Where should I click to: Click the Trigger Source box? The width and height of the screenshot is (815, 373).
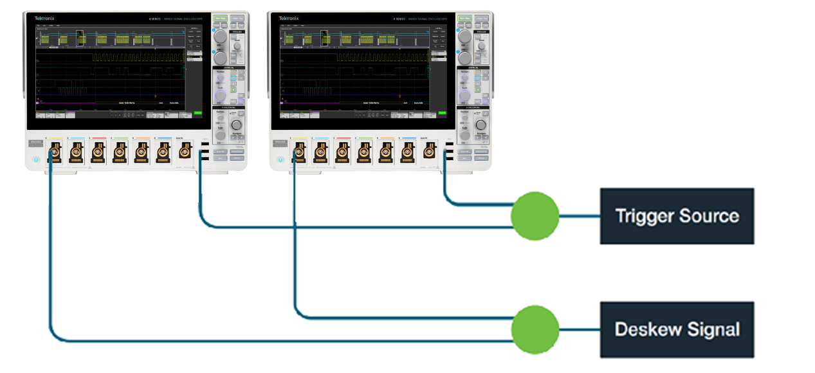[677, 215]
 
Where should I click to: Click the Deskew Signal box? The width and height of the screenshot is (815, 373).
[677, 329]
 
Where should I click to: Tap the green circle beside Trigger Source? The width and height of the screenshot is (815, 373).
[535, 216]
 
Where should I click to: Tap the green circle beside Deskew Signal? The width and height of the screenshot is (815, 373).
[535, 330]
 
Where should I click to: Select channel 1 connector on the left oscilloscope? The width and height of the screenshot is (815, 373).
[55, 153]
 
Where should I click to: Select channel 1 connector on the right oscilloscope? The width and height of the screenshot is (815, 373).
[299, 153]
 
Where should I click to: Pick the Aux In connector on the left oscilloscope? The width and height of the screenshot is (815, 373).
[184, 153]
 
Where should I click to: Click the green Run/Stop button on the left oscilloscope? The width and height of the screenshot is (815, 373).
[221, 19]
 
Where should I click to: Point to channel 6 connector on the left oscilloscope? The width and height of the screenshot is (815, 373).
[162, 153]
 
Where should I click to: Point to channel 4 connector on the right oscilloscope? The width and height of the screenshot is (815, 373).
[364, 153]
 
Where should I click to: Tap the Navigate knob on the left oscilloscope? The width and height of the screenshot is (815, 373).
[236, 124]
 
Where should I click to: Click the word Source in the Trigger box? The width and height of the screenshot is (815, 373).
[711, 215]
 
